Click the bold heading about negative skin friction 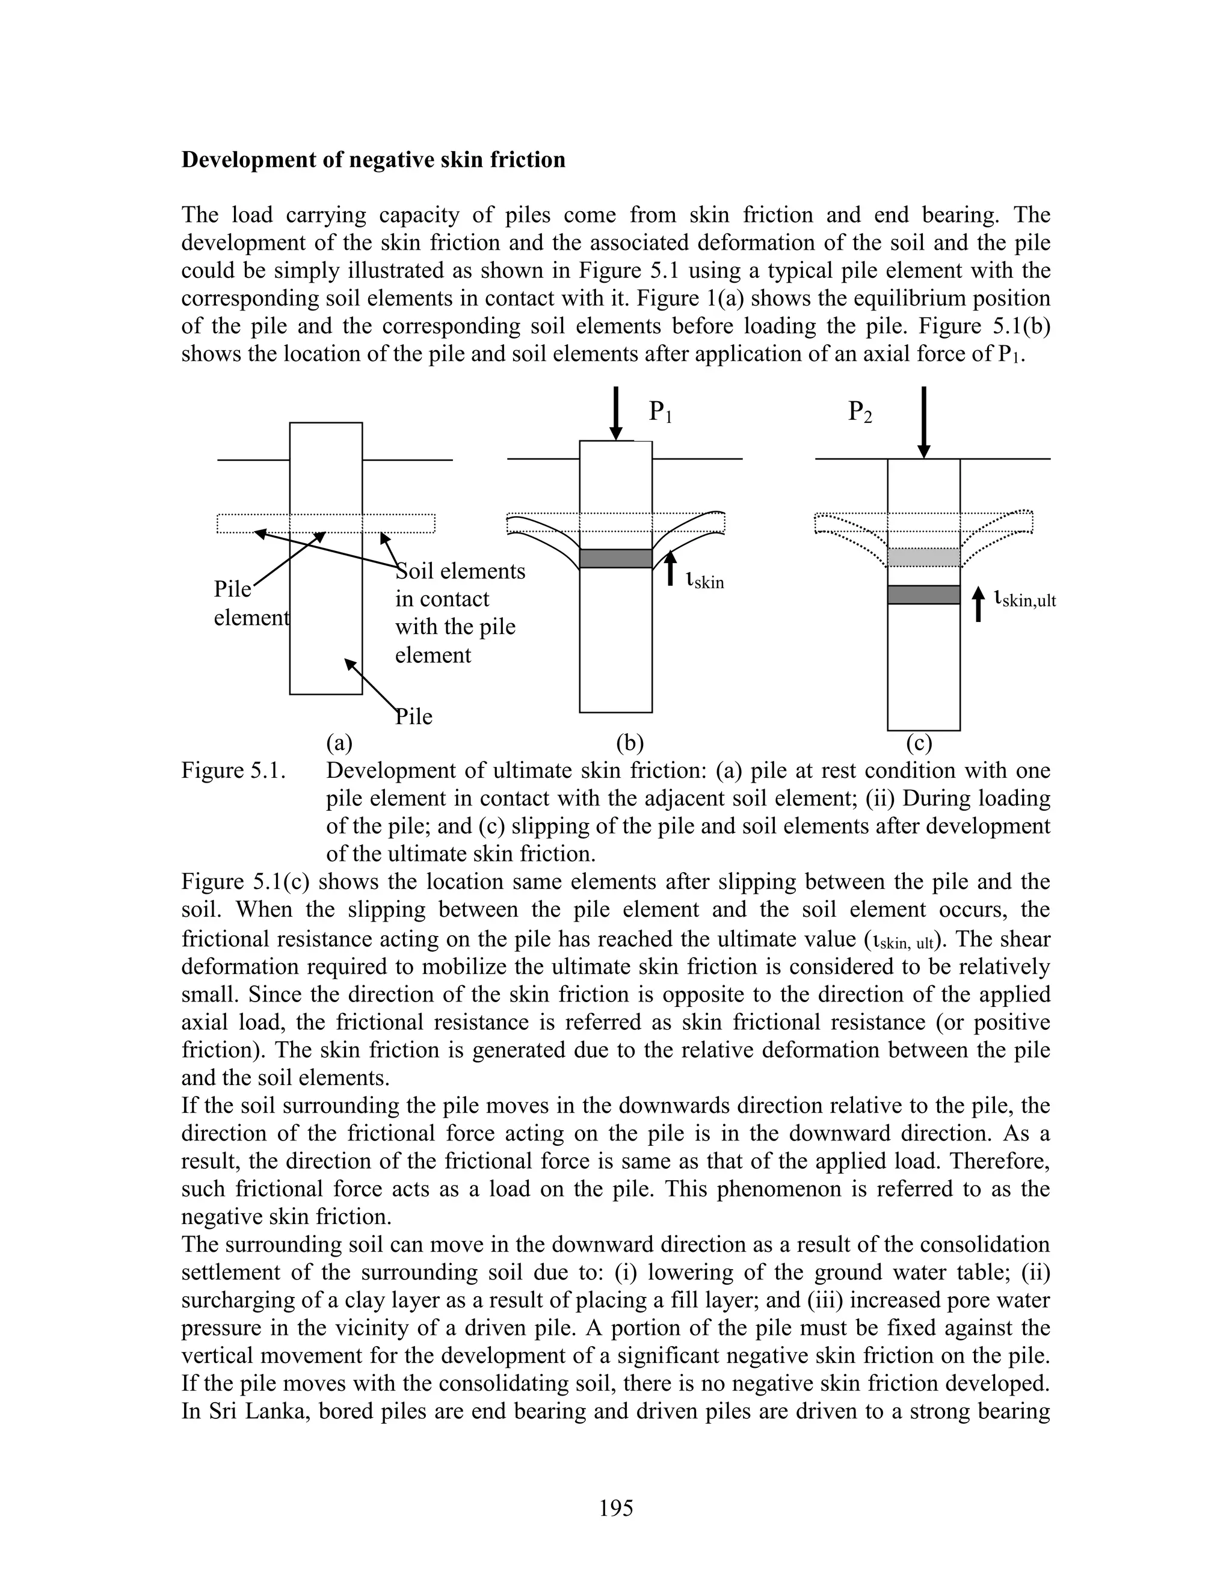[x=373, y=160]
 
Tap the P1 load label [x=661, y=413]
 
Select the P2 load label [x=860, y=413]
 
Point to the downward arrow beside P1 [x=616, y=413]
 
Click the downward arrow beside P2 [x=924, y=421]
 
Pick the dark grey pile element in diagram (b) [x=615, y=558]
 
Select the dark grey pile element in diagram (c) [x=923, y=595]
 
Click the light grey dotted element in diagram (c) [x=923, y=558]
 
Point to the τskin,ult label [x=1024, y=600]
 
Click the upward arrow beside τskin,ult [x=979, y=605]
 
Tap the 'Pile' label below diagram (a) [x=414, y=717]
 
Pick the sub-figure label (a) [x=339, y=743]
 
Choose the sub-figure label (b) [x=629, y=743]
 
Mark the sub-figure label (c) [x=919, y=743]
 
